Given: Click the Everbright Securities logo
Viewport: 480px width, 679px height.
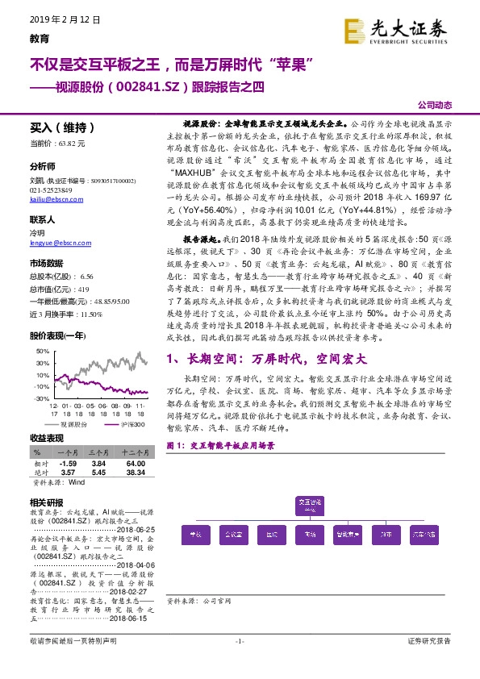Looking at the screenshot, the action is point(396,30).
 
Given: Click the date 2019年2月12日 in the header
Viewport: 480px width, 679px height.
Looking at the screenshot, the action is point(54,19).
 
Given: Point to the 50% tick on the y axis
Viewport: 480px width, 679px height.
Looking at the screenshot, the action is point(42,352).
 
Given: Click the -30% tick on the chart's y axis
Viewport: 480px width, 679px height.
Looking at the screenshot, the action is point(40,398).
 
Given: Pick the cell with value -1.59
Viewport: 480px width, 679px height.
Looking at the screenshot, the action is point(69,464).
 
